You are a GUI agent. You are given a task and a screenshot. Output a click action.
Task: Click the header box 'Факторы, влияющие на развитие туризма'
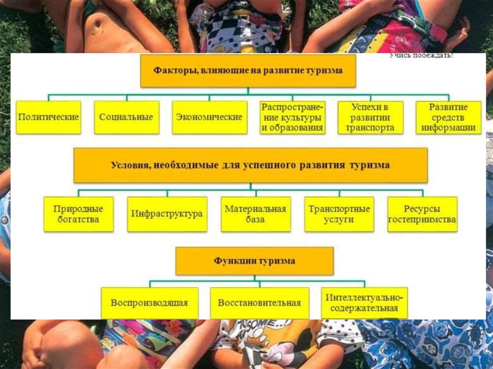click(x=248, y=71)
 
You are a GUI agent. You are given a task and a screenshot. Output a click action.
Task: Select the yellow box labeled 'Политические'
click(x=49, y=117)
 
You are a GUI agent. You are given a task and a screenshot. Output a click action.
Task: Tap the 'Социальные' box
click(x=127, y=117)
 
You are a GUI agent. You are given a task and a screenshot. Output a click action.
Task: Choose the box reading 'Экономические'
click(x=209, y=117)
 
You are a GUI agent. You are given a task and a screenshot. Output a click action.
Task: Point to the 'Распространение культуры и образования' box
click(x=292, y=117)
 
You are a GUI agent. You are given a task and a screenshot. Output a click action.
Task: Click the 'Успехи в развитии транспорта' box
click(x=370, y=117)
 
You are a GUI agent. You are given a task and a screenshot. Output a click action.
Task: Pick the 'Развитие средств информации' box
click(x=448, y=117)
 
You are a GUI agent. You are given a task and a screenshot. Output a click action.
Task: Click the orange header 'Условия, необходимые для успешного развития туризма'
click(x=250, y=165)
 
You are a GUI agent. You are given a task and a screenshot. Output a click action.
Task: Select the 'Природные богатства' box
click(x=78, y=214)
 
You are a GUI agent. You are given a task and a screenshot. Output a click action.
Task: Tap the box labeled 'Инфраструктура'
click(x=167, y=214)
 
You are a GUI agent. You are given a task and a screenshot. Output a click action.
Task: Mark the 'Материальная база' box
click(x=256, y=214)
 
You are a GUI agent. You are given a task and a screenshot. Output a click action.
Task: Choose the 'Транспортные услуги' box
click(x=339, y=214)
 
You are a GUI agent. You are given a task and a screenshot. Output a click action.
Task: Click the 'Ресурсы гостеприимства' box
click(x=422, y=214)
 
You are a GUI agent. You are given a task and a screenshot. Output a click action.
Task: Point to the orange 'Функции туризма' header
click(x=255, y=261)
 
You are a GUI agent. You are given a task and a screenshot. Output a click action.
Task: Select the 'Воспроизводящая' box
click(x=149, y=303)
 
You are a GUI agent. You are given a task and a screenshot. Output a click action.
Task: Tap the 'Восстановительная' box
click(x=259, y=303)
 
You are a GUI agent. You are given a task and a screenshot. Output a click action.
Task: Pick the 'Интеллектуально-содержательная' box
click(x=364, y=303)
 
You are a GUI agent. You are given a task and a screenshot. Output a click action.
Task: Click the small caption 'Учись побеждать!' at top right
click(x=421, y=56)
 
